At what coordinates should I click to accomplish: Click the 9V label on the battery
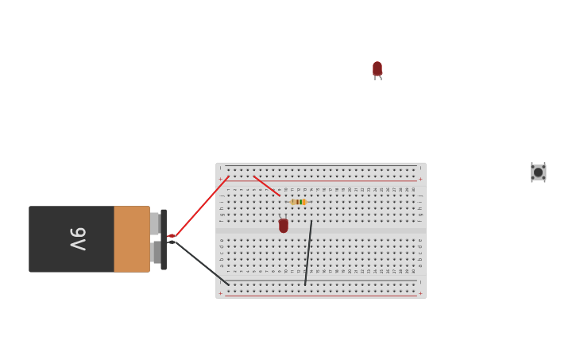(78, 238)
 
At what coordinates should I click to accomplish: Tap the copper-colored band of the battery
(131, 239)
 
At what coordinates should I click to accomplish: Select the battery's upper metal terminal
(154, 223)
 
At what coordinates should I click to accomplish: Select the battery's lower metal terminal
(154, 253)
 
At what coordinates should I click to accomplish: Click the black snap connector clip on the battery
(164, 239)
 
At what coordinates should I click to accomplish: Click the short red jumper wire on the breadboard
(266, 185)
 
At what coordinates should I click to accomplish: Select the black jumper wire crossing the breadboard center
(308, 253)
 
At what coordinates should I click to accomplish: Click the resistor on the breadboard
(298, 202)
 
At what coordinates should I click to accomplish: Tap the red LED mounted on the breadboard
(284, 226)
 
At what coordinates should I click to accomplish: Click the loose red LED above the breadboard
(377, 69)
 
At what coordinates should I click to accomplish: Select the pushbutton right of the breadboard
(538, 172)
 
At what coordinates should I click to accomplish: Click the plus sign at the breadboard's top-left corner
(221, 180)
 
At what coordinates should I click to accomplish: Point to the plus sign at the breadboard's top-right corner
(420, 180)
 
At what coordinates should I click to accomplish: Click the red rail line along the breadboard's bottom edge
(318, 296)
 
